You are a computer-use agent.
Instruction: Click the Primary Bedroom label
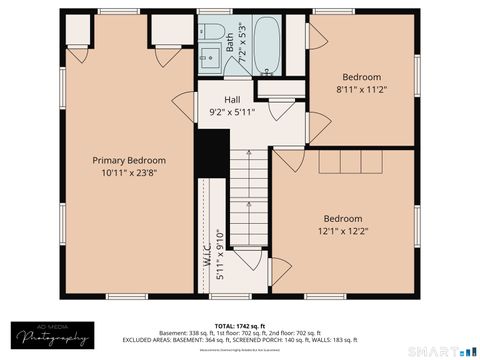click(x=129, y=160)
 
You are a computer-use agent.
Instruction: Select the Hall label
click(x=232, y=100)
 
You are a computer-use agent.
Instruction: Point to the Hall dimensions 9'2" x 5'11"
click(x=232, y=112)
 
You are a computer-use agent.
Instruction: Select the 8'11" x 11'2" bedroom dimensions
click(x=362, y=89)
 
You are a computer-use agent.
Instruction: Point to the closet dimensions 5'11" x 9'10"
click(x=220, y=259)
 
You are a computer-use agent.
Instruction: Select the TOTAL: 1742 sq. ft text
click(x=240, y=326)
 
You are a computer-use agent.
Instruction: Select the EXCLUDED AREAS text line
click(x=240, y=341)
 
